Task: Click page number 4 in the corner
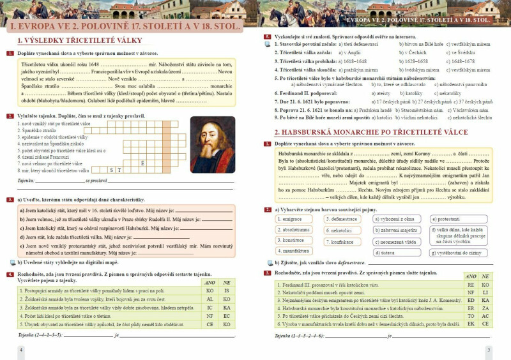pyautogui.click(x=21, y=349)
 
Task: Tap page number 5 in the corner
pyautogui.click(x=489, y=349)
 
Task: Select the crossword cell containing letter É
pyautogui.click(x=142, y=163)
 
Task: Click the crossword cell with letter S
pyautogui.click(x=111, y=170)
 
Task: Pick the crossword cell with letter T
pyautogui.click(x=119, y=170)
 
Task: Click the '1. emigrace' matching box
pyautogui.click(x=295, y=219)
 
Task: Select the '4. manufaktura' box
pyautogui.click(x=295, y=251)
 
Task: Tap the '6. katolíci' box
pyautogui.click(x=343, y=230)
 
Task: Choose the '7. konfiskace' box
pyautogui.click(x=343, y=241)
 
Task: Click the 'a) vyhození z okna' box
pyautogui.click(x=396, y=219)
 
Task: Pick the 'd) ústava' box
pyautogui.click(x=396, y=253)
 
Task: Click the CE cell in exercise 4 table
pyautogui.click(x=209, y=324)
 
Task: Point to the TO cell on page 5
pyautogui.click(x=471, y=315)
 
